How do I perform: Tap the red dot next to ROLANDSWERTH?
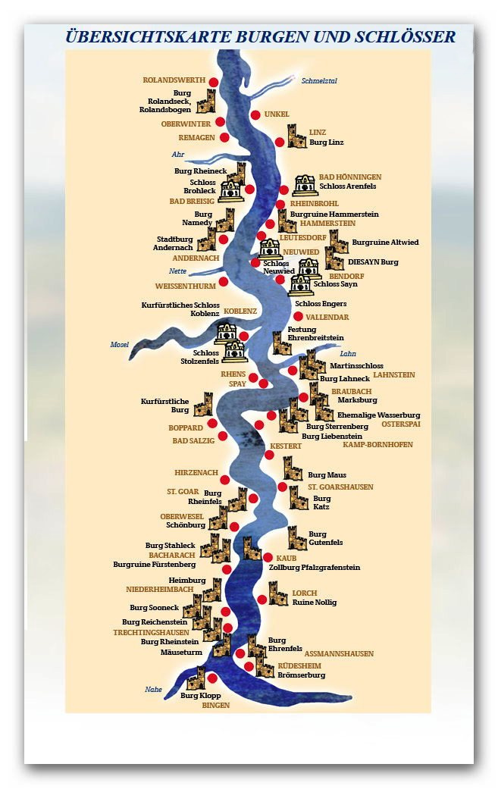click(214, 82)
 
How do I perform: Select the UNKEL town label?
click(277, 114)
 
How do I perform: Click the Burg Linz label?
click(327, 142)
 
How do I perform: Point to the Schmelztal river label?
click(318, 80)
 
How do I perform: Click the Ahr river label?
click(178, 155)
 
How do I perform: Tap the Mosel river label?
click(120, 345)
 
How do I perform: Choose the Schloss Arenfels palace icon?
click(303, 184)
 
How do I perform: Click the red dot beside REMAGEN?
click(224, 137)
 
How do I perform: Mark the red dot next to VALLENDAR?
click(299, 316)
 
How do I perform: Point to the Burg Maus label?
click(327, 475)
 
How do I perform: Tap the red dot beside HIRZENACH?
click(224, 480)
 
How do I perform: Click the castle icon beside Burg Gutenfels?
click(296, 538)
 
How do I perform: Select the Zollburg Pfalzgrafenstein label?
click(315, 568)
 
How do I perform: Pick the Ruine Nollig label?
click(314, 603)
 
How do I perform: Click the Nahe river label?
click(153, 689)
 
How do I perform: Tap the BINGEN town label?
click(215, 705)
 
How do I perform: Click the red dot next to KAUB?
click(268, 557)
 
